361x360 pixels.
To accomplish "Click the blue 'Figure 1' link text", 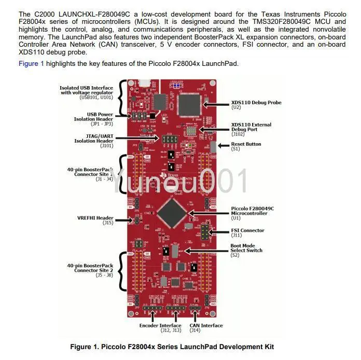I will pyautogui.click(x=32, y=63).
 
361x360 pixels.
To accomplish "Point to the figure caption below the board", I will pyautogui.click(x=172, y=347).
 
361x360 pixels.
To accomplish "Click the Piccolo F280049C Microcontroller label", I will pyautogui.click(x=252, y=211).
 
